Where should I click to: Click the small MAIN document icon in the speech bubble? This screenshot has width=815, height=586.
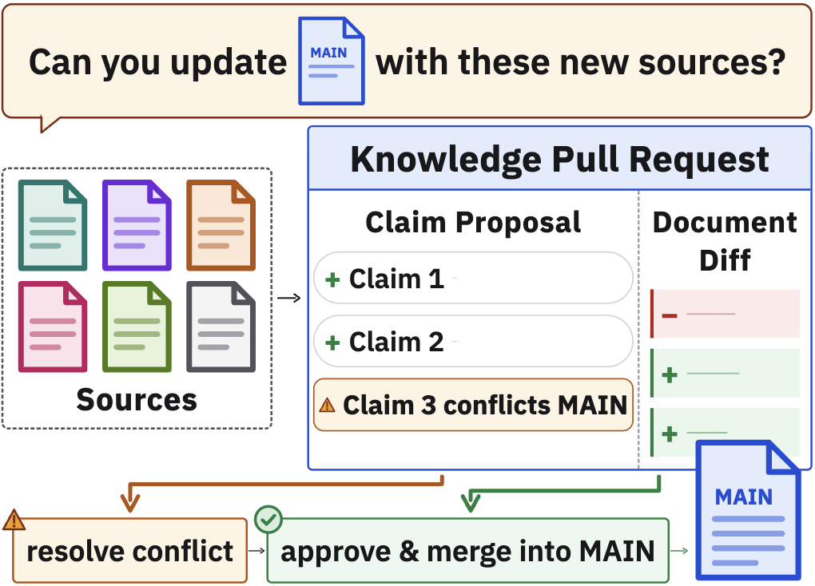(331, 61)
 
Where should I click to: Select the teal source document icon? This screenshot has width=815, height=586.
(53, 225)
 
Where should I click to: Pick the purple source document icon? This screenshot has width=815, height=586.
(137, 225)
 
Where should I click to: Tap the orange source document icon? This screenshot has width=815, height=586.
(221, 225)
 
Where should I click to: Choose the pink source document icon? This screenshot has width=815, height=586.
(53, 327)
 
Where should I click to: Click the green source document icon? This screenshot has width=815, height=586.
(137, 327)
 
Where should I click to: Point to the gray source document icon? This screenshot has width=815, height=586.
(221, 327)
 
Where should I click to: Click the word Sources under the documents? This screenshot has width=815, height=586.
(137, 399)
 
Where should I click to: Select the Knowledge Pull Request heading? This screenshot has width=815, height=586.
(560, 160)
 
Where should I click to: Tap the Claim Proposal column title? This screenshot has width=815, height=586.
(473, 223)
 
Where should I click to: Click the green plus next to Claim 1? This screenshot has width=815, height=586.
(332, 279)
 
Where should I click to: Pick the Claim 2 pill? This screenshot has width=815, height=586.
(473, 342)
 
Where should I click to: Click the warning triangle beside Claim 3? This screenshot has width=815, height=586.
(327, 405)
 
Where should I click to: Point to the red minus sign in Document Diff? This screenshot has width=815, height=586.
(670, 315)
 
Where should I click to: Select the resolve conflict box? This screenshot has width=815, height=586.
(129, 550)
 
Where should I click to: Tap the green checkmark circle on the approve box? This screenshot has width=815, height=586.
(268, 519)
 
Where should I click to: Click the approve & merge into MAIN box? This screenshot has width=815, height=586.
(467, 550)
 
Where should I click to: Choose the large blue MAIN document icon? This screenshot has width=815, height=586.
(748, 510)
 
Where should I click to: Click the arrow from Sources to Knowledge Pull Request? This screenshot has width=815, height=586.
(289, 298)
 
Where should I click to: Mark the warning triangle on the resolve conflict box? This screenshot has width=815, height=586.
(14, 520)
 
